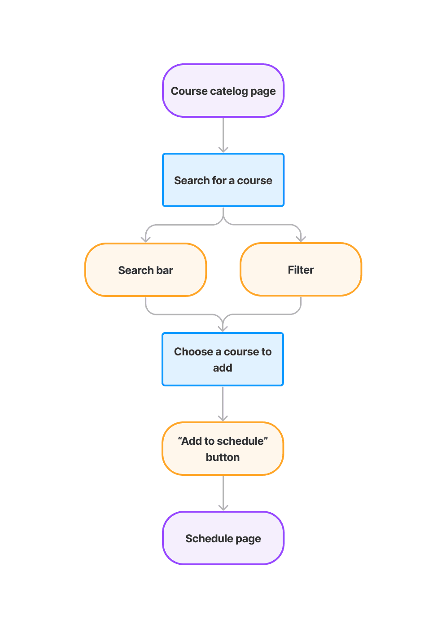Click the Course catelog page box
223,90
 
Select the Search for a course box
223,180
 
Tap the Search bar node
145,270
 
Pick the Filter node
301,269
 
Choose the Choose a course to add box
223,359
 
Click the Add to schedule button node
223,448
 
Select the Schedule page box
223,538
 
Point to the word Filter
301,270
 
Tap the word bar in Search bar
165,270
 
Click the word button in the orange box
223,457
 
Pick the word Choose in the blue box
193,351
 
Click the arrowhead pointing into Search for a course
223,149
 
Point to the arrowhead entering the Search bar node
145,239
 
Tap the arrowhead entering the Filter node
301,239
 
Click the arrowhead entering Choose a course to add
223,328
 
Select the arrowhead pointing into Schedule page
223,507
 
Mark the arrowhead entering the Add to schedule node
223,418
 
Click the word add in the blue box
223,368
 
